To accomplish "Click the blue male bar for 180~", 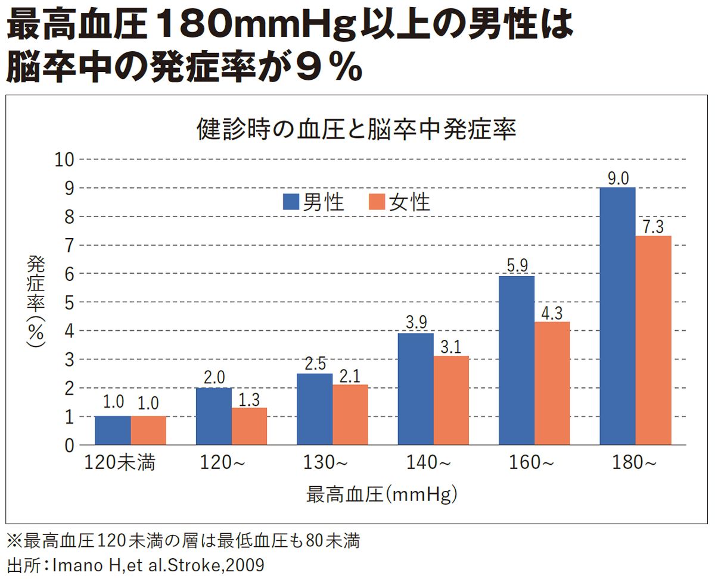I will tap(617, 316).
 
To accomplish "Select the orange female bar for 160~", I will tap(552, 383).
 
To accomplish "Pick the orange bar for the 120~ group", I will tap(249, 426).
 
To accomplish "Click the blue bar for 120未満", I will tap(113, 430).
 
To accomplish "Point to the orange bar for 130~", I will tap(350, 415).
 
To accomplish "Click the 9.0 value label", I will tap(617, 178).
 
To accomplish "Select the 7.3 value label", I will tap(653, 227).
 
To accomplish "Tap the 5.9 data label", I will tap(517, 265).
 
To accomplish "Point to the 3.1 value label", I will tap(451, 347).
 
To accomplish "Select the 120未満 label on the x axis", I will tap(120, 462).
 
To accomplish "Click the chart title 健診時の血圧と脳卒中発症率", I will tap(356, 130).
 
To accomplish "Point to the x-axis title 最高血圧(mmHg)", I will tap(382, 494).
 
